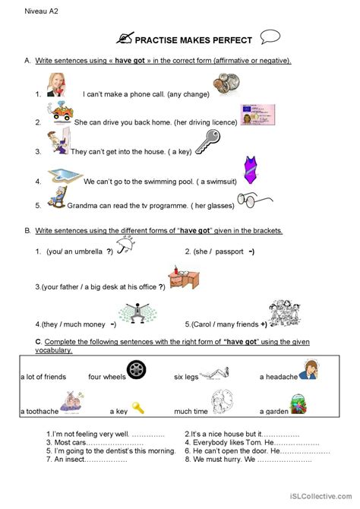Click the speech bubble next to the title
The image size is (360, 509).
[x=270, y=36]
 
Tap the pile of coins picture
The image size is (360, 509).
[x=226, y=83]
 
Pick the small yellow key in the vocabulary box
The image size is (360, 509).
[x=137, y=408]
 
